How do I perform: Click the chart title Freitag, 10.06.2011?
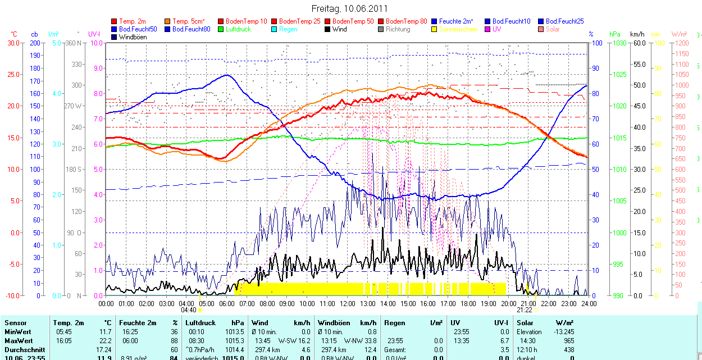tap(349, 9)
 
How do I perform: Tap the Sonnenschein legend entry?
tap(458, 29)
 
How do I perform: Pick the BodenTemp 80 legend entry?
tap(406, 21)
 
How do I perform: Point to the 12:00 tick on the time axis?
tap(348, 303)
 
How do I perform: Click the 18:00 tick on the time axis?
tap(468, 303)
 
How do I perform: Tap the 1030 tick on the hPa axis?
tap(619, 43)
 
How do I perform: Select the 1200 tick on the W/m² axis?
tap(681, 43)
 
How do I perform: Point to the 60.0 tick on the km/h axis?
tap(639, 43)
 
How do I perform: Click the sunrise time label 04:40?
tap(188, 310)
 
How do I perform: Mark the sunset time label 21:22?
tap(524, 310)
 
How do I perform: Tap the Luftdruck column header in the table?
tap(200, 323)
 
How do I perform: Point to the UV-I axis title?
tap(94, 34)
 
